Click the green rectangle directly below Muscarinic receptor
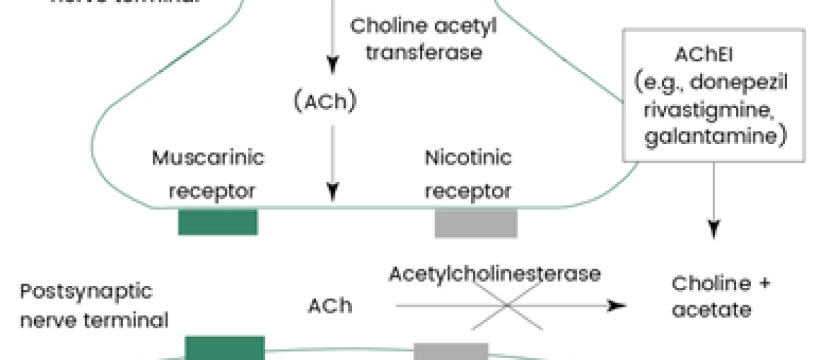pos(217,222)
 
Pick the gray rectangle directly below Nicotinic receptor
pos(475,222)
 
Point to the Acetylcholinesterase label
pos(495,274)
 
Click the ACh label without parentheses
pos(330,305)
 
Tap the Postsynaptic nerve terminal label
pos(94,305)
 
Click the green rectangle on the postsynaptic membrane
pos(225,348)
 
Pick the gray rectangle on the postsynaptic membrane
pos(451,351)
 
